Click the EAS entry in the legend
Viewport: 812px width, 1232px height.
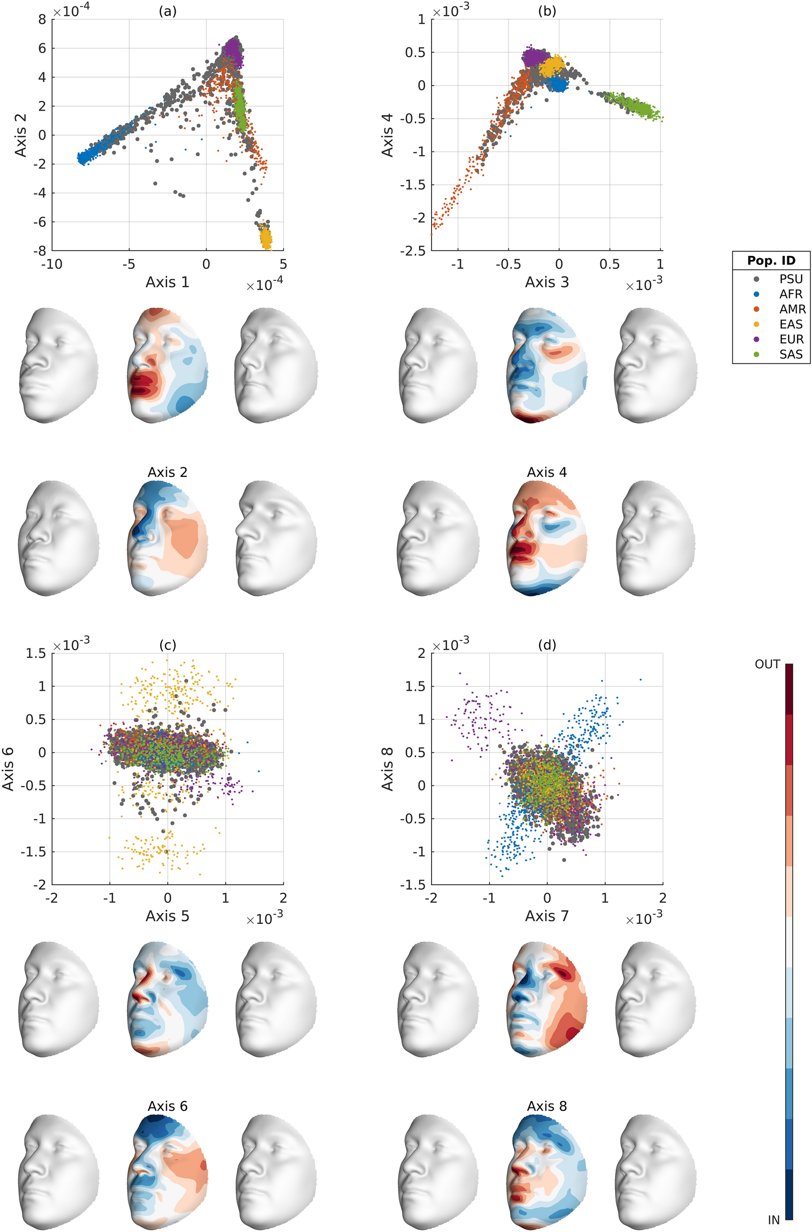click(790, 324)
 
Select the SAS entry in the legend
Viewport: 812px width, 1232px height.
click(790, 354)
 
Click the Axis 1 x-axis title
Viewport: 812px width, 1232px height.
click(167, 282)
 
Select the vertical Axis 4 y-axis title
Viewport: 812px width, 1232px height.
click(387, 135)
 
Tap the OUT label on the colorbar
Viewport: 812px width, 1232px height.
click(767, 664)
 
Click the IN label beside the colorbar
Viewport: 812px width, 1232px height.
click(773, 1220)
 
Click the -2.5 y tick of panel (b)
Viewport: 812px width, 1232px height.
click(413, 251)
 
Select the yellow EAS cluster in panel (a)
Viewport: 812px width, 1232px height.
click(266, 239)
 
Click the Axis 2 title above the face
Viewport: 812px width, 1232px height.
click(167, 472)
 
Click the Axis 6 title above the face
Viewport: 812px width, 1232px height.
click(167, 1106)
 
